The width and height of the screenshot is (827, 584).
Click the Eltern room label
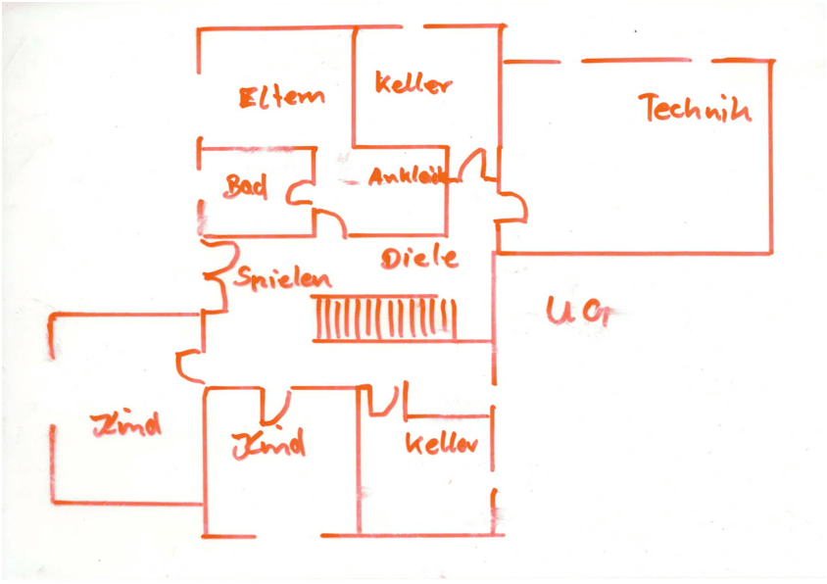point(281,97)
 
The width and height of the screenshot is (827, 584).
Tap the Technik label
point(695,107)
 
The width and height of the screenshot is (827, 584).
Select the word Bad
point(246,186)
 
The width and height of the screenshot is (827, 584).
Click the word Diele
point(419,259)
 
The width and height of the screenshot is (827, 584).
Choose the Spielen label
point(282,278)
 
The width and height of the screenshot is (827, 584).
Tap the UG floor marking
point(577,313)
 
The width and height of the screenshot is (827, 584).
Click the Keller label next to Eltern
point(413,84)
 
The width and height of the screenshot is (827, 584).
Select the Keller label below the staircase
point(442,443)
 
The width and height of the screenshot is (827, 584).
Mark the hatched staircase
point(385,318)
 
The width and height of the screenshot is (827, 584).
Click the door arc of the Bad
point(299,193)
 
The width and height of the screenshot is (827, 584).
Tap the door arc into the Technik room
point(513,207)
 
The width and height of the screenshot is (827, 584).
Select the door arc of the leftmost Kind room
point(189,365)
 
